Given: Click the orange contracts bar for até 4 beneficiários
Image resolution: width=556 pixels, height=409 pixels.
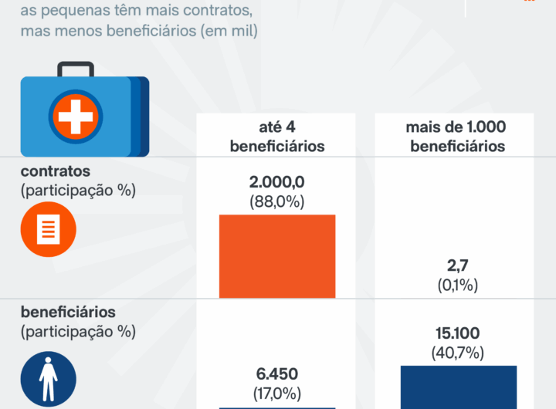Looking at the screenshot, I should coord(277,255).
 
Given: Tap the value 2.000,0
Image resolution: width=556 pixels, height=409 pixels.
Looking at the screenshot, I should coord(276,182).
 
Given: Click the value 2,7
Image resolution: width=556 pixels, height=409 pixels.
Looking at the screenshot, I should coord(458,265).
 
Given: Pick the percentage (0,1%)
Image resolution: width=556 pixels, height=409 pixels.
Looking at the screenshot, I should coord(458,285).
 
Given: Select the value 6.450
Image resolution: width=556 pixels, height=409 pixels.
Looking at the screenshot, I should coord(276,374).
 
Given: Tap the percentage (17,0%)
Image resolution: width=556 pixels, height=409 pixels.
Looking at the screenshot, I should coord(276,393).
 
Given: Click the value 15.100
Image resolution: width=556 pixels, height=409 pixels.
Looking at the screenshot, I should coord(458,333).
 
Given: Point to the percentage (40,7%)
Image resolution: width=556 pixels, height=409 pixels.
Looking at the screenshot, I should coord(458,353).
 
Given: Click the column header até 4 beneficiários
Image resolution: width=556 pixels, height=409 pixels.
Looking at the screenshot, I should coord(276,136).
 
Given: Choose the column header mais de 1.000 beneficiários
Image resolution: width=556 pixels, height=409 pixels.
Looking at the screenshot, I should coord(458,136).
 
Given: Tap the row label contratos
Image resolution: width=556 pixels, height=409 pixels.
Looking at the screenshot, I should coord(56,171).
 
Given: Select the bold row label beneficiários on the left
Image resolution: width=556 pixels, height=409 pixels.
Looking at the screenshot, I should coord(68,313).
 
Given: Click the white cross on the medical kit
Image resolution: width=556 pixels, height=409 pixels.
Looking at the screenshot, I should coord(75,117).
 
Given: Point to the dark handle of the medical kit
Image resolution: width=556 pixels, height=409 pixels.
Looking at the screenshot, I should coord(75,69).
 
